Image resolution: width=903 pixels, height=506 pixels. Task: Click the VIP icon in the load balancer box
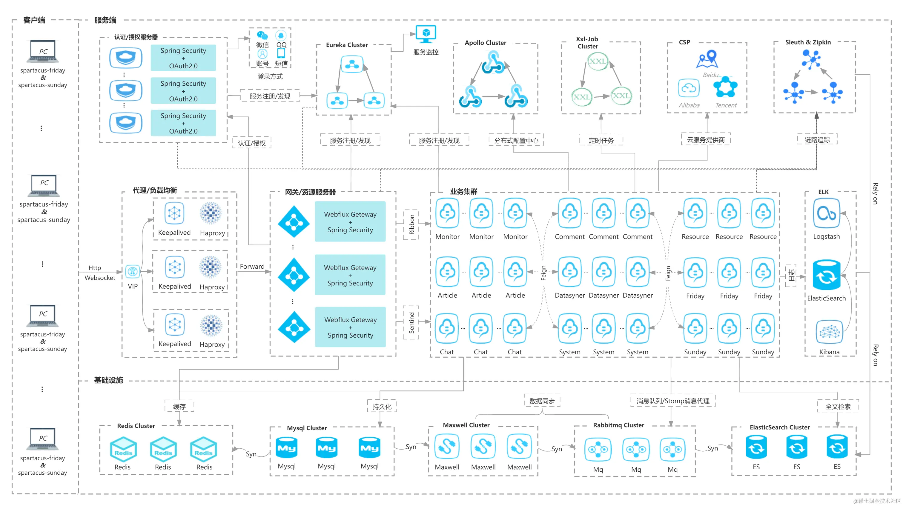[133, 272]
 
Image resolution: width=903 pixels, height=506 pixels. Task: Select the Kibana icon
[829, 332]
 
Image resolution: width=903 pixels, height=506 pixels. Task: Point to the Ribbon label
[411, 224]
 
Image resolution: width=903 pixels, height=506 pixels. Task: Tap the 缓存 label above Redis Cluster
[179, 407]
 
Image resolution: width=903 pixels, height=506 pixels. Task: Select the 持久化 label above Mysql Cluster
[382, 407]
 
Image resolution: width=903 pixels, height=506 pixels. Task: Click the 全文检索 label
[838, 407]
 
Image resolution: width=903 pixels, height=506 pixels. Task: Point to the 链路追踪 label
[817, 140]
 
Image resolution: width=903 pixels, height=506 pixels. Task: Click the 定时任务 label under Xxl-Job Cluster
[601, 141]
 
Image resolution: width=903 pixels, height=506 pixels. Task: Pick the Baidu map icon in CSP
[707, 59]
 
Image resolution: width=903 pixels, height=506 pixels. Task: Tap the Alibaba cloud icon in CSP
[689, 88]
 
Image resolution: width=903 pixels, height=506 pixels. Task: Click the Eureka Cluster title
[347, 45]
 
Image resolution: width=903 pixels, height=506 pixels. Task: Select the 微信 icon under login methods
[262, 36]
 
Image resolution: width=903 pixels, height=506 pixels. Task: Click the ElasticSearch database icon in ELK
[826, 276]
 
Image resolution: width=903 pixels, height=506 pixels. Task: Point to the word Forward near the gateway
[252, 266]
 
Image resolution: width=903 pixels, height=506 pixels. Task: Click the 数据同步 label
[542, 401]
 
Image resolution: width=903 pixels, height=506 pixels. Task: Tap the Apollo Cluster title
[485, 43]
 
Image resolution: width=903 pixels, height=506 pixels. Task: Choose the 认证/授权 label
[252, 143]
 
